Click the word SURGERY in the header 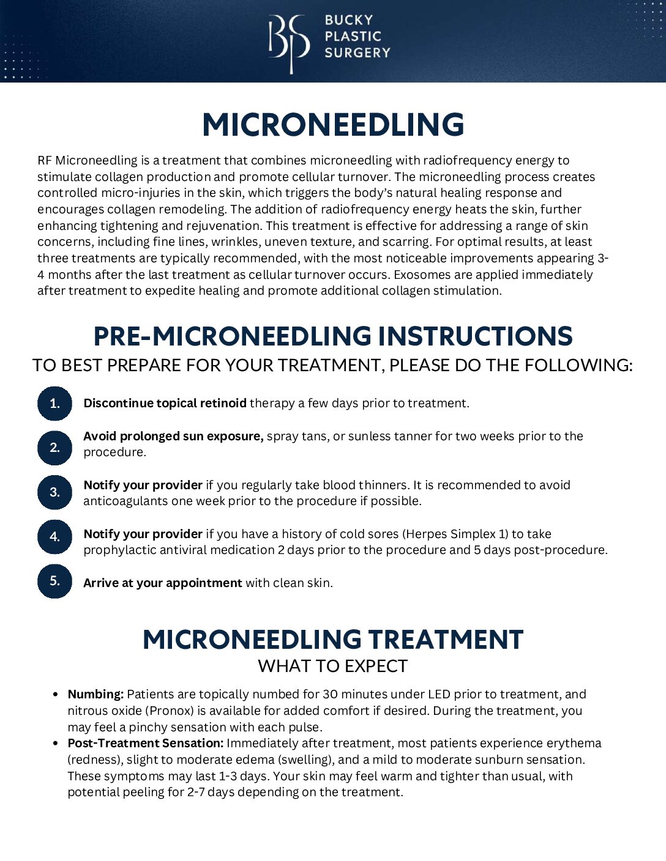click(x=357, y=53)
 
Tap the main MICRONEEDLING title click(x=333, y=125)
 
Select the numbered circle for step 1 click(x=54, y=403)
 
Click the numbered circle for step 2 click(x=54, y=448)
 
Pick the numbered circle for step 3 click(x=54, y=492)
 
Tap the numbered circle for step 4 click(x=54, y=537)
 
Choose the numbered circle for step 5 click(x=54, y=581)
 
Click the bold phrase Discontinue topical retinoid click(x=165, y=403)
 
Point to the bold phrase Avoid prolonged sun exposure click(x=173, y=436)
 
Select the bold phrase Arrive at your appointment click(x=162, y=583)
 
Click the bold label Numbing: click(x=95, y=695)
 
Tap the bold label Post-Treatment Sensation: click(x=145, y=744)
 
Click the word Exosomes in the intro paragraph click(x=419, y=275)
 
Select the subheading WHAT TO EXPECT click(x=333, y=666)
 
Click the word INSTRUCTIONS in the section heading click(x=475, y=337)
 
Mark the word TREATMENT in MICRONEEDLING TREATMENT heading click(x=446, y=640)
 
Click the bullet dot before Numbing click(x=56, y=695)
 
